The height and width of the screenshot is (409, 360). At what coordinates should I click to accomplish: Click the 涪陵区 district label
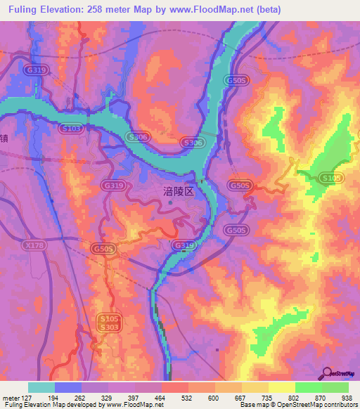[x=179, y=190]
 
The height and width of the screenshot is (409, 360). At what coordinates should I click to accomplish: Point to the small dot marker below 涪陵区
[x=170, y=204]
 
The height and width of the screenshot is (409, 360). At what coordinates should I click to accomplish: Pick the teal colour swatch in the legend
[x=41, y=387]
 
